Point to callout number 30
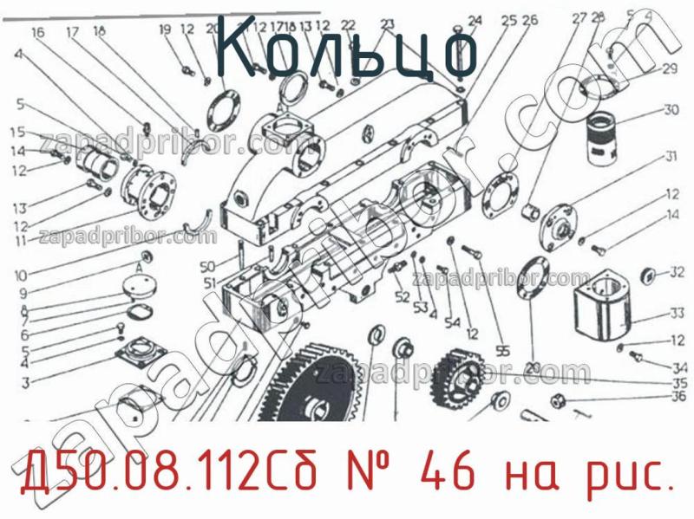tap(671, 110)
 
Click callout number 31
tap(671, 157)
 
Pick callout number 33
tap(676, 313)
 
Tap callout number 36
tap(678, 398)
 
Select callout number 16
tap(37, 33)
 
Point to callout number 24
tap(475, 21)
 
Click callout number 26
tap(530, 20)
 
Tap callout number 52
tap(402, 297)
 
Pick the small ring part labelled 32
tap(646, 276)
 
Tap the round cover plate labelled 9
tap(140, 283)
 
